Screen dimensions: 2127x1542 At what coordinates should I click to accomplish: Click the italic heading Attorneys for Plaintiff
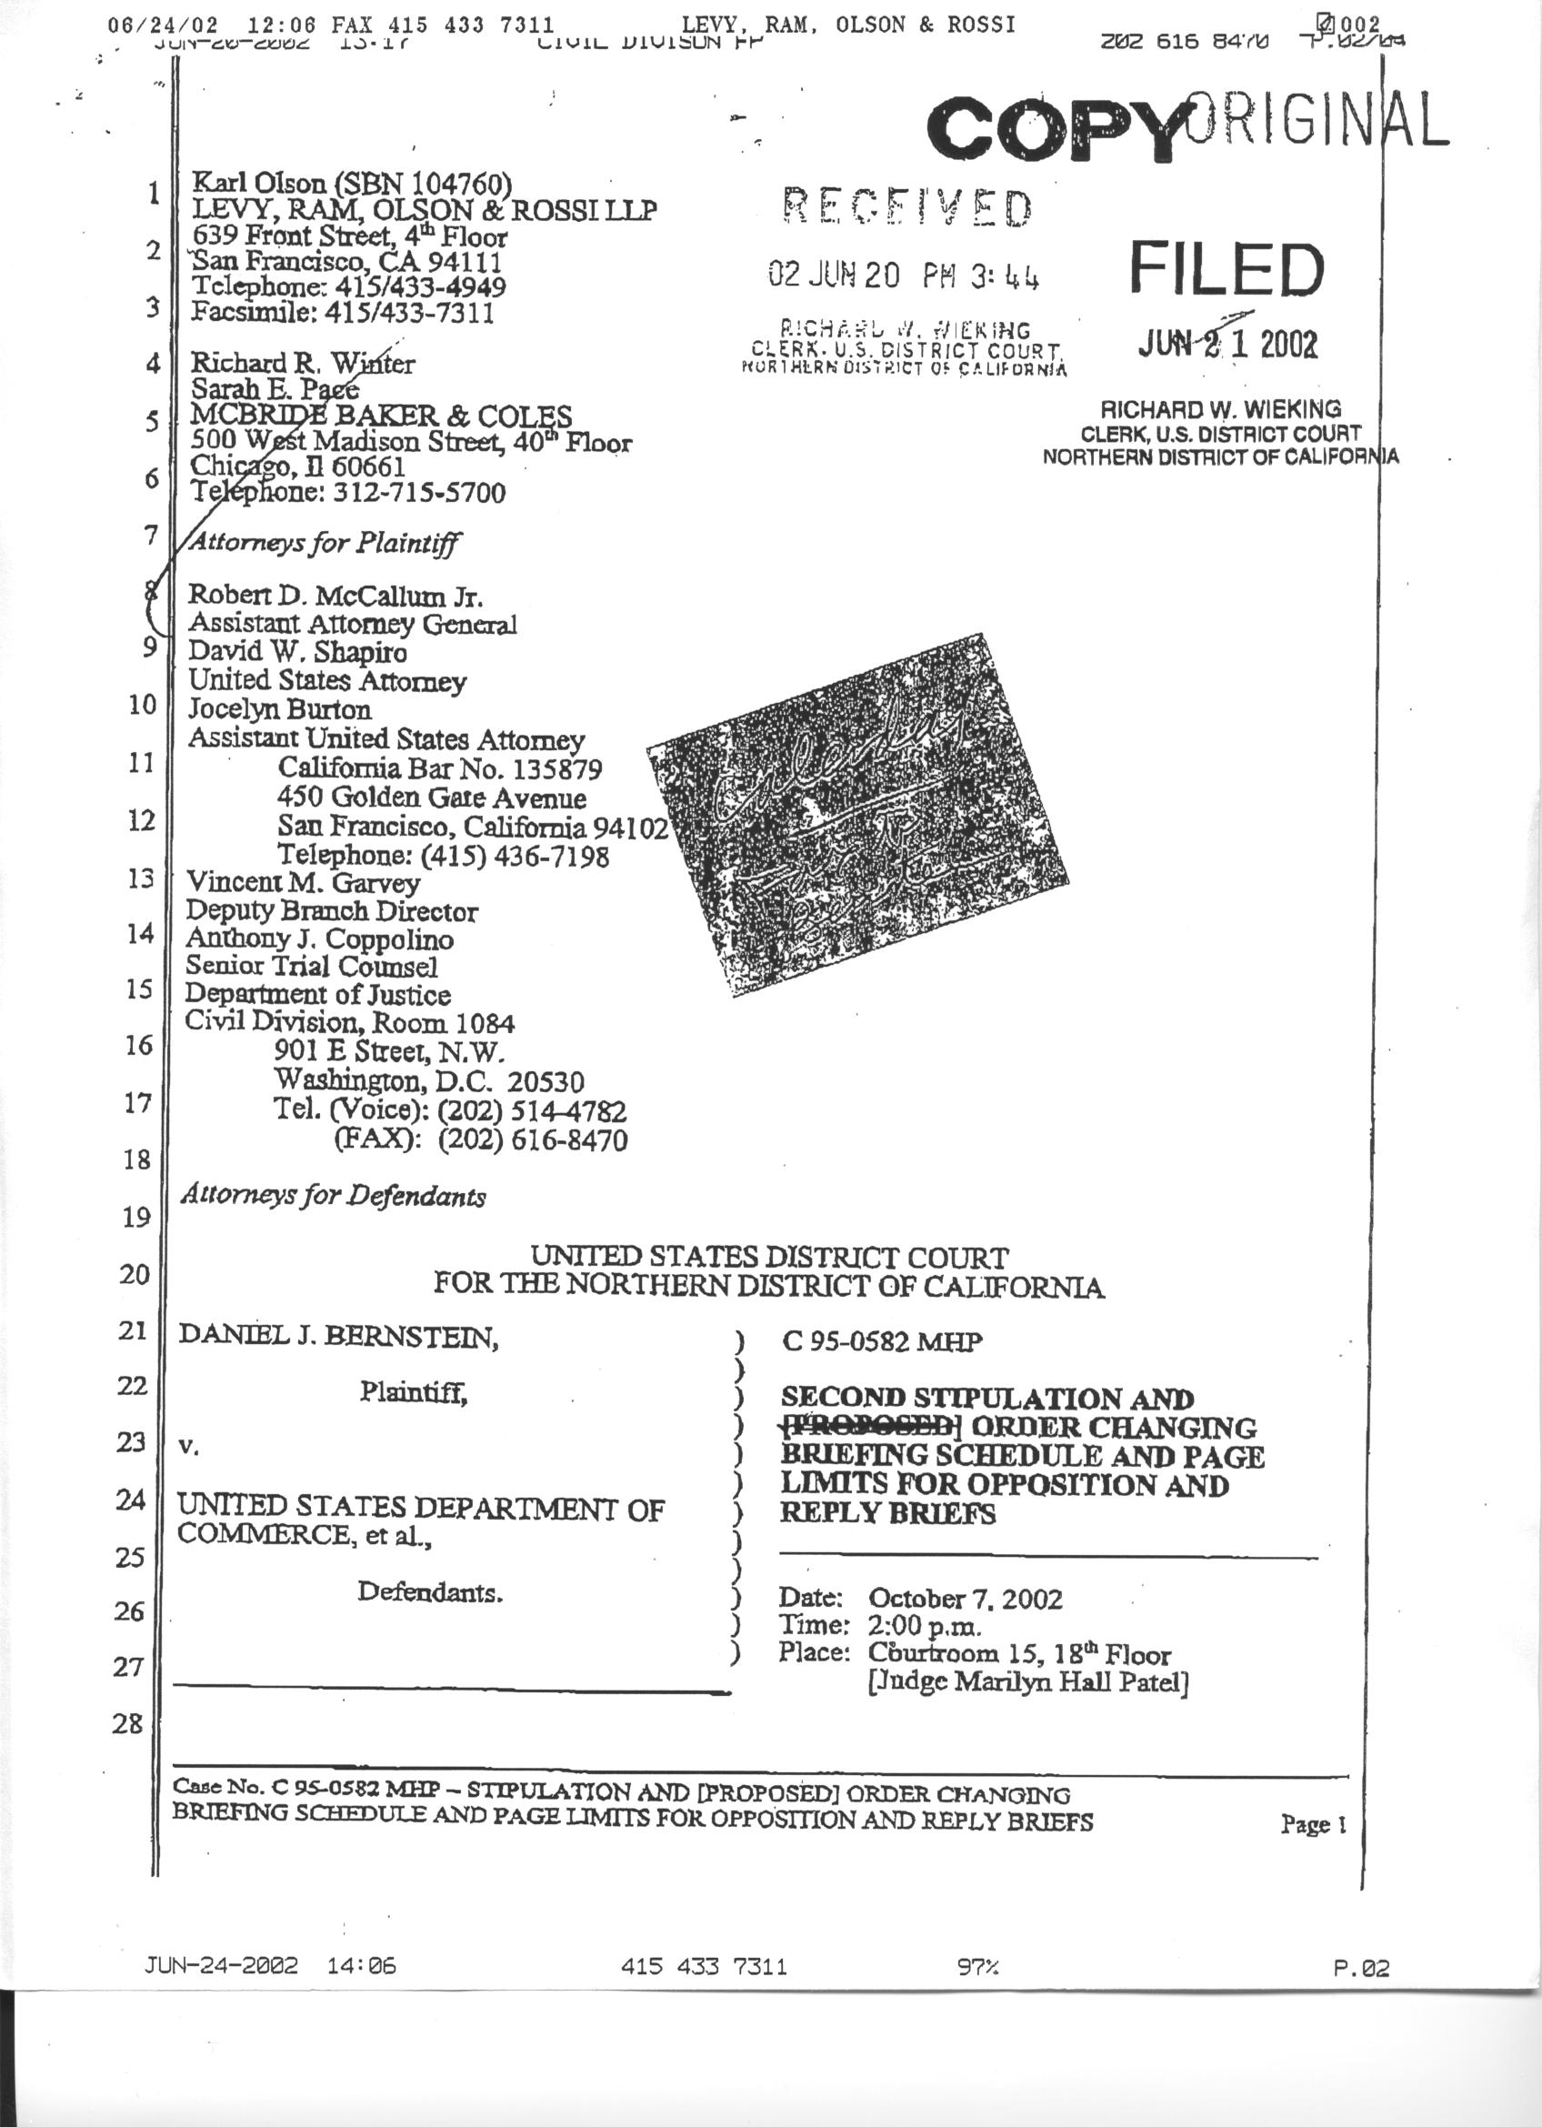point(325,542)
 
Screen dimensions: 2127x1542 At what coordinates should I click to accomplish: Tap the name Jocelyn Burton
point(279,709)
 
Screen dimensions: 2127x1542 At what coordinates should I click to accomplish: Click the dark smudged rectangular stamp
point(857,814)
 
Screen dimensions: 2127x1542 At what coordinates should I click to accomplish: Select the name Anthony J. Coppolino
point(320,938)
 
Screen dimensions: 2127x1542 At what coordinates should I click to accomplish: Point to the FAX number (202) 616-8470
point(532,1140)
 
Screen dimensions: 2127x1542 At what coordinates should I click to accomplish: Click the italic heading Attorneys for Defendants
point(333,1196)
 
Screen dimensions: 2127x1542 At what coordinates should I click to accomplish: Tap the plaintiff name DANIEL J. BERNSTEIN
point(338,1336)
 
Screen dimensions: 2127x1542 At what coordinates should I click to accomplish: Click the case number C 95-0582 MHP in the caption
point(882,1342)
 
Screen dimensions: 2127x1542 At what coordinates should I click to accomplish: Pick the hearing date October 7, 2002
point(966,1598)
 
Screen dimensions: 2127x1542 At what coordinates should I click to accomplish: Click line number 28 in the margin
point(127,1724)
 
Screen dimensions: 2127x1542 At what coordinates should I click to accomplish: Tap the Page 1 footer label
point(1312,1824)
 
